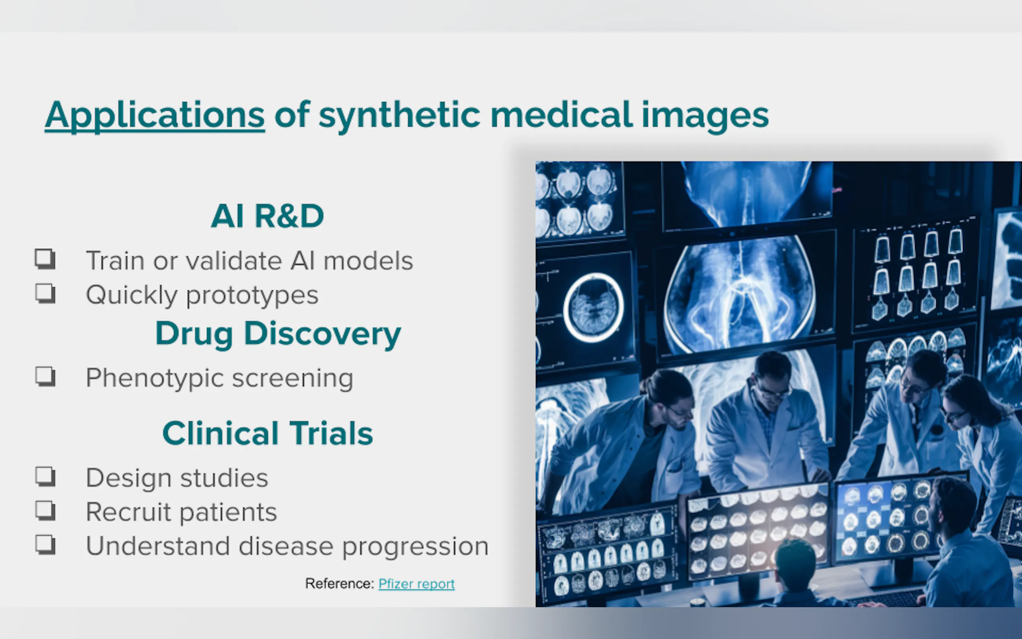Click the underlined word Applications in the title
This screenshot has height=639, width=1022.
coord(155,115)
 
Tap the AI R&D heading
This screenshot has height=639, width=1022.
coord(268,216)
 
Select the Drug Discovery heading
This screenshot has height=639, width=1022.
coord(278,334)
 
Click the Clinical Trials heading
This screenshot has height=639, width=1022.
coord(268,433)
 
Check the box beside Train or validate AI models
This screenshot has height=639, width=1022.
coord(45,259)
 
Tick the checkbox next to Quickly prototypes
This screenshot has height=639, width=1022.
coord(45,293)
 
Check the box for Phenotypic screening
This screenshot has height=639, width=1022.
coord(45,376)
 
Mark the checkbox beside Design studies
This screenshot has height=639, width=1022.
coord(45,476)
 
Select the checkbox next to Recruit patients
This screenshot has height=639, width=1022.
coord(45,511)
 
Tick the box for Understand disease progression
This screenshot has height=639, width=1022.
coord(45,545)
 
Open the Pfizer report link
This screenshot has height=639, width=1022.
coord(416,583)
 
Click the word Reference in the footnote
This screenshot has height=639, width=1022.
coord(339,583)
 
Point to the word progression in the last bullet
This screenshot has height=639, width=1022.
coord(415,547)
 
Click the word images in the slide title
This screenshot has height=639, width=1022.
coord(705,115)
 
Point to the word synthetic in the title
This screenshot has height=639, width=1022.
coord(399,115)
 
